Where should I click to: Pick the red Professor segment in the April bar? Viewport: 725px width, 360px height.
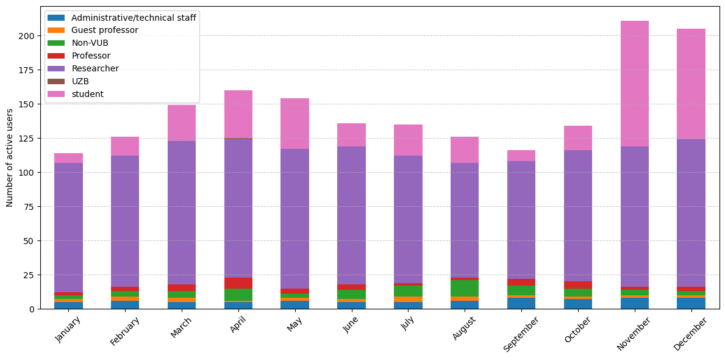click(x=238, y=283)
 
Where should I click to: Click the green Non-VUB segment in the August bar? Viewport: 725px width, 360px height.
click(x=465, y=288)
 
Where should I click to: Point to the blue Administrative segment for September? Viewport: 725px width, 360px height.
click(x=521, y=303)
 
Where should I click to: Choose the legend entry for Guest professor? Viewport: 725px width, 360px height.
click(x=104, y=30)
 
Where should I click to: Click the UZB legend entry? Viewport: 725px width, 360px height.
click(x=80, y=81)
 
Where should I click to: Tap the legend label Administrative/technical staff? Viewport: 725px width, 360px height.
click(x=134, y=17)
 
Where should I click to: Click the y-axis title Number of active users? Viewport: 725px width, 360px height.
click(x=10, y=157)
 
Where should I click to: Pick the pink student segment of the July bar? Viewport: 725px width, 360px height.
click(x=408, y=140)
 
